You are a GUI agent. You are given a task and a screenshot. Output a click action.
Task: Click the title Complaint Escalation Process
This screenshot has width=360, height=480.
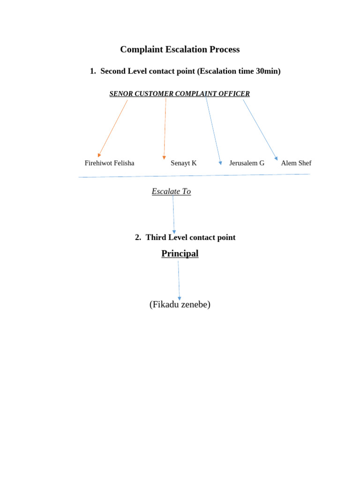pos(180,49)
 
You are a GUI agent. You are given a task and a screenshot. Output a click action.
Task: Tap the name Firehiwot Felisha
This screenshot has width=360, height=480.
pos(109,163)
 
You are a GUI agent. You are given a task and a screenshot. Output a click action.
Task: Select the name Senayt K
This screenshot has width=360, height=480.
pos(183,163)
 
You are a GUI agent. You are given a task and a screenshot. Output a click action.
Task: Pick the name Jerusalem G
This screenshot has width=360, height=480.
pos(247,163)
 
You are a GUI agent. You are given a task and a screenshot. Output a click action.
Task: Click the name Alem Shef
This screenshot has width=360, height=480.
pos(296,163)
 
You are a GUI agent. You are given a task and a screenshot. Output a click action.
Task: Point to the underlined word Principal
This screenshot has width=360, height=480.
pos(180,254)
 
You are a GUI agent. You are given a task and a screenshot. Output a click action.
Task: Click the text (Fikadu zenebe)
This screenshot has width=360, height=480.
pos(180,305)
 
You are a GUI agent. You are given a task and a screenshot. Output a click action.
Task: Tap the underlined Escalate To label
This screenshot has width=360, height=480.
pos(171,191)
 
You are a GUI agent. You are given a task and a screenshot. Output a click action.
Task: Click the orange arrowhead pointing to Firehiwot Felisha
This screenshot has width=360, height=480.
pos(99,155)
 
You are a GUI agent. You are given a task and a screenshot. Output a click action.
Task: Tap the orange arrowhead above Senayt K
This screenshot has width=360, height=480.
pos(164,158)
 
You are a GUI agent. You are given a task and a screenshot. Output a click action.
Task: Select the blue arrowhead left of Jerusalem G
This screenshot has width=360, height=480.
pos(220,163)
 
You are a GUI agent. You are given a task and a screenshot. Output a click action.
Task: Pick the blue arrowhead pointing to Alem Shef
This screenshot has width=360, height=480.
pos(276,159)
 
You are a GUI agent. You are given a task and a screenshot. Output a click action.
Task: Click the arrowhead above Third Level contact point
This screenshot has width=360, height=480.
pos(174,232)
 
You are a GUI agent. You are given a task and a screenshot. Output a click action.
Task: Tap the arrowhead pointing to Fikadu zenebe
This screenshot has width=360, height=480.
pos(179,299)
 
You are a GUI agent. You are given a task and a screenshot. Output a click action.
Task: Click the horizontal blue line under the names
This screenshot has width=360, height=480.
pos(194,176)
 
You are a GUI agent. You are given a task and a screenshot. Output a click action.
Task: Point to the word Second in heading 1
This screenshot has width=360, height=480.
pos(113,71)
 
